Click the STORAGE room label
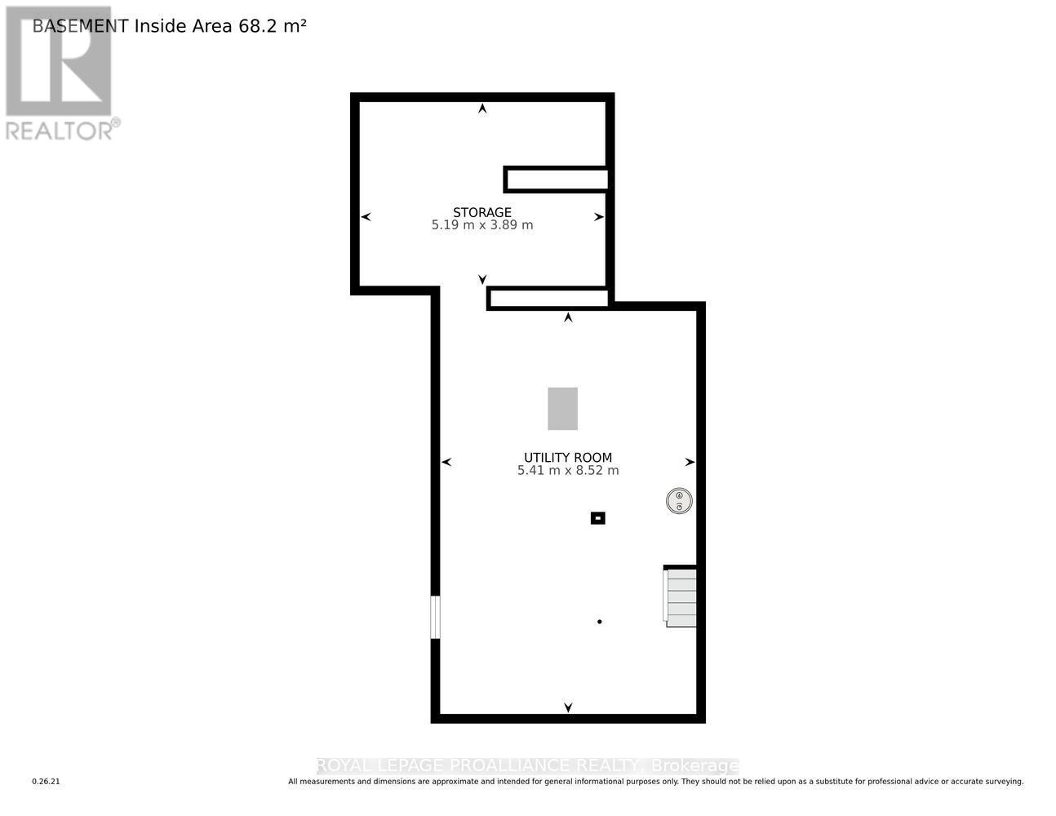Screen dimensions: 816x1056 (482, 212)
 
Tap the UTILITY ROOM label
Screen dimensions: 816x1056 (568, 458)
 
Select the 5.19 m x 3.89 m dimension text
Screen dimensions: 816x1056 (482, 225)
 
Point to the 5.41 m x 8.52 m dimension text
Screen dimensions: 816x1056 (568, 471)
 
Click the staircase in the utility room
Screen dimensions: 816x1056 (681, 597)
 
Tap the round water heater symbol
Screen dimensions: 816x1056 (679, 501)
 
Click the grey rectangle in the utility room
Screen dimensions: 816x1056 (562, 409)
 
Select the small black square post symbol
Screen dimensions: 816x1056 (598, 518)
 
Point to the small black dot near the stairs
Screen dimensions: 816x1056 (600, 622)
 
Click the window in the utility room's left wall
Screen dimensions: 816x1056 (436, 617)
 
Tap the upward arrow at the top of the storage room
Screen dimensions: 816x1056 (483, 108)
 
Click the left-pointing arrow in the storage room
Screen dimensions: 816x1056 (366, 217)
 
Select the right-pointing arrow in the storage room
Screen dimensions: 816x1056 (599, 217)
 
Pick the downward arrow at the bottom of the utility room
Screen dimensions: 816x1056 (568, 707)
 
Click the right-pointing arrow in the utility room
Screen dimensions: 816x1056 (690, 463)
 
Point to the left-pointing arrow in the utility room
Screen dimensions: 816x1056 (446, 463)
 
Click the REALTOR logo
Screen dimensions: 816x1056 (60, 73)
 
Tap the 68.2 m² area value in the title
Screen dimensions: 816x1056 (273, 26)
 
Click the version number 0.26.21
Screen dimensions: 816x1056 (47, 782)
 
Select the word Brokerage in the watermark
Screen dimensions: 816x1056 (695, 765)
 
